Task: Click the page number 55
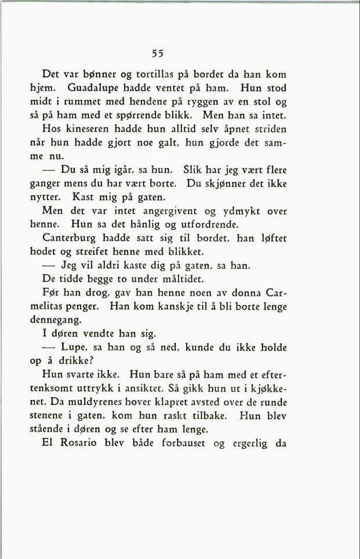tap(158, 53)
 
